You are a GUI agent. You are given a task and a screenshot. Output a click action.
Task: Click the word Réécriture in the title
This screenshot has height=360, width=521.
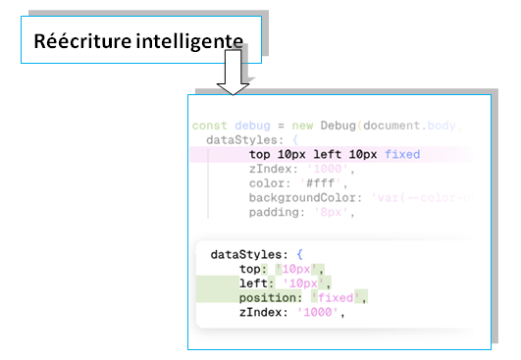pyautogui.click(x=81, y=42)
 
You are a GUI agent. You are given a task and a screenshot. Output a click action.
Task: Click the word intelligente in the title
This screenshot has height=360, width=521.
pyautogui.click(x=188, y=42)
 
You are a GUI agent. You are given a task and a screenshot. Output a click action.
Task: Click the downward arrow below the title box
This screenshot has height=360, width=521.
pyautogui.click(x=233, y=77)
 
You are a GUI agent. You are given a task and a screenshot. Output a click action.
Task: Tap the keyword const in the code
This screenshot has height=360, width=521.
pyautogui.click(x=209, y=126)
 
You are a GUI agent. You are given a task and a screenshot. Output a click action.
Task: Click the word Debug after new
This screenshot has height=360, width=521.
pyautogui.click(x=339, y=126)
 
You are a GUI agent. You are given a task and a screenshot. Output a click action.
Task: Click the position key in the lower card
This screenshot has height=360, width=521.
pyautogui.click(x=271, y=297)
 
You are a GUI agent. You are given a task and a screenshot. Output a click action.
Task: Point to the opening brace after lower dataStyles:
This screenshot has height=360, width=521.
pyautogui.click(x=301, y=254)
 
